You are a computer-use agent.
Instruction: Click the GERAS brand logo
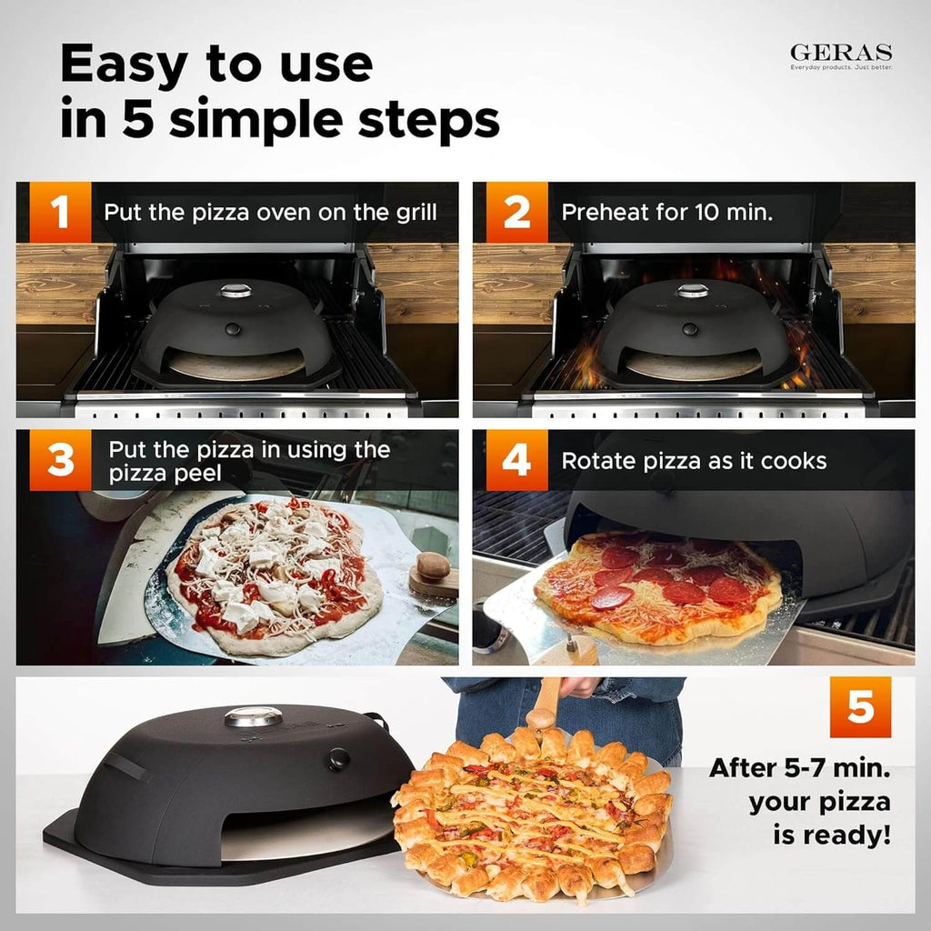(x=841, y=53)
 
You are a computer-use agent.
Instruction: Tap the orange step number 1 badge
(x=61, y=213)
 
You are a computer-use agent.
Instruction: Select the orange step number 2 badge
(x=516, y=213)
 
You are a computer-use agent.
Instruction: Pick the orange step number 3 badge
(x=61, y=460)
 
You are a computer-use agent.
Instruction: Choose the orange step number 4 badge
(x=516, y=460)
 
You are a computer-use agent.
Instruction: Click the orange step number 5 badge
(x=860, y=707)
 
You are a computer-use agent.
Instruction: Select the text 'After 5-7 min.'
(x=799, y=768)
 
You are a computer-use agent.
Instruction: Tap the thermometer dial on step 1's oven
(x=235, y=291)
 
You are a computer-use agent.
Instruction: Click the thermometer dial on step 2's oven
(x=692, y=291)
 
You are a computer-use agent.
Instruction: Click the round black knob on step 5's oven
(x=339, y=757)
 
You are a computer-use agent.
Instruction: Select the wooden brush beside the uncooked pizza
(x=433, y=574)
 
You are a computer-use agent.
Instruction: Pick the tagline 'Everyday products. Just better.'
(x=841, y=67)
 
